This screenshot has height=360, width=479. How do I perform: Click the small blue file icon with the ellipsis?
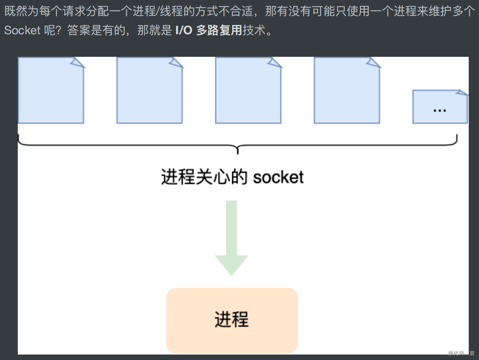[x=440, y=106]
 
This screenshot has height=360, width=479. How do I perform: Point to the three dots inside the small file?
[x=440, y=111]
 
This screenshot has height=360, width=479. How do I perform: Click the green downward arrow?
[x=231, y=236]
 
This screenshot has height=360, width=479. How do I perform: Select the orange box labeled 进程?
[x=232, y=320]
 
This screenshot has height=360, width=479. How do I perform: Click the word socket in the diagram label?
[x=278, y=177]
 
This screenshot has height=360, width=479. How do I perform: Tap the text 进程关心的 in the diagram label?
[x=204, y=177]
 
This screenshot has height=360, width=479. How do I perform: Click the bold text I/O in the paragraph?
[x=184, y=30]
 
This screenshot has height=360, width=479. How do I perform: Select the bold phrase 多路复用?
[x=219, y=30]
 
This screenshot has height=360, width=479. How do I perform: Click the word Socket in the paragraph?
[x=22, y=30]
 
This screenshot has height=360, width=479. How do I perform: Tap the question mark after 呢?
[x=58, y=30]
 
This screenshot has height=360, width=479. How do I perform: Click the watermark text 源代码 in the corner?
[x=456, y=353]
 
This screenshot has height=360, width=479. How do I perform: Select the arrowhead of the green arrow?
[x=231, y=265]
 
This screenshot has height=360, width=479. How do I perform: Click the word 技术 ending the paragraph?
[x=254, y=30]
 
